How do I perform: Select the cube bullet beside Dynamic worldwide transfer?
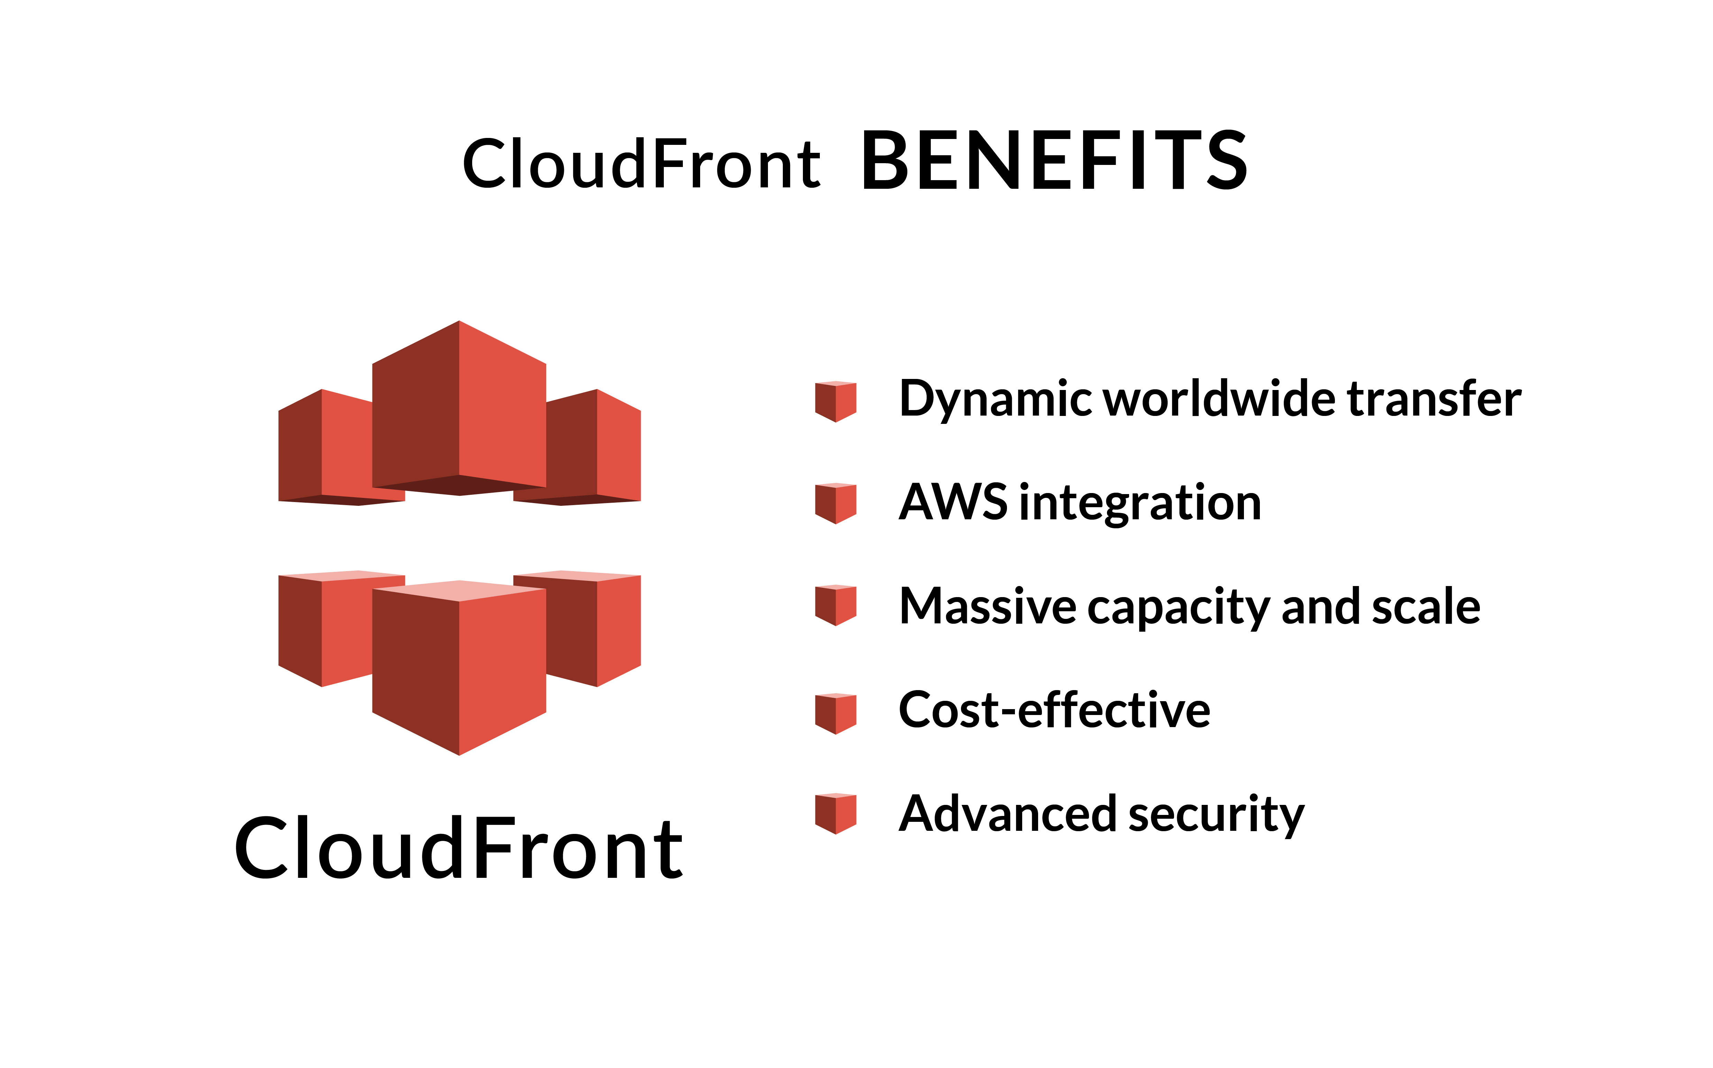(x=835, y=401)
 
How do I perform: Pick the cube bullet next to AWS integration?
(x=835, y=503)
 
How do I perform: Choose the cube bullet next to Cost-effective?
(x=835, y=713)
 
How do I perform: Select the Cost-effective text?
(x=1054, y=710)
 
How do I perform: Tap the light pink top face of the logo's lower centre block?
(x=459, y=591)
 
